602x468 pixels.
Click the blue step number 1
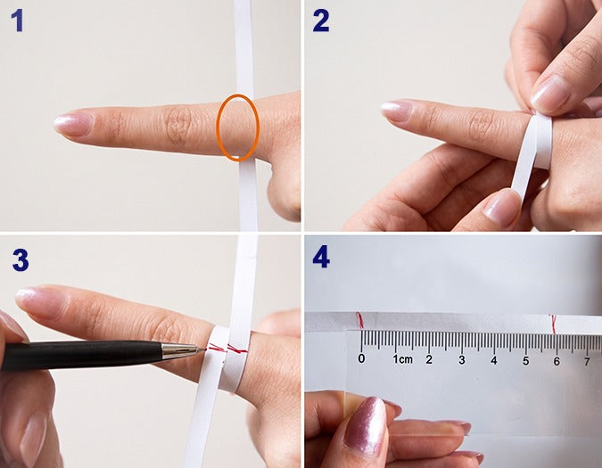tap(17, 21)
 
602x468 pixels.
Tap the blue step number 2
tap(321, 21)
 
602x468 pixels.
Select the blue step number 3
tap(21, 259)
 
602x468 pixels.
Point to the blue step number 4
tap(321, 257)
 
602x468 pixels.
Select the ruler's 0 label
tap(361, 358)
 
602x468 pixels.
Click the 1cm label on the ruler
tap(402, 359)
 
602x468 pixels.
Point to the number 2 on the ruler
tap(429, 359)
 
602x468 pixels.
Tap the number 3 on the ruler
tap(462, 360)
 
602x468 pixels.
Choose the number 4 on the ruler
tap(494, 360)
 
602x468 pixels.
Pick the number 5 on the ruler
tap(525, 361)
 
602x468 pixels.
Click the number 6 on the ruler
tap(557, 361)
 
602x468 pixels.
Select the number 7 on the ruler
tap(587, 361)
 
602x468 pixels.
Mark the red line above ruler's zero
tap(359, 321)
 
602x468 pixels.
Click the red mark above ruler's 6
tap(554, 324)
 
